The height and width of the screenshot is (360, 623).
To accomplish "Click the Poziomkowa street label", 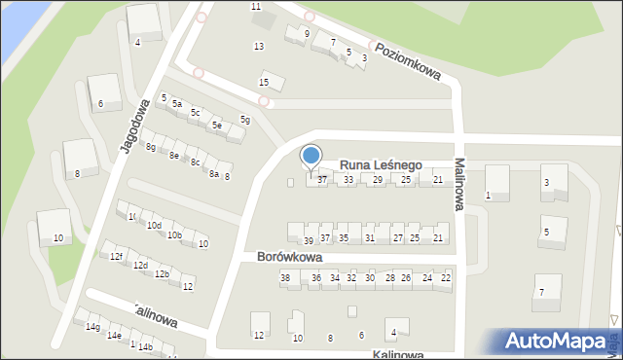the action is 408,60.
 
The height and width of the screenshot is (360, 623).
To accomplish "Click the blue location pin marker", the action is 311,158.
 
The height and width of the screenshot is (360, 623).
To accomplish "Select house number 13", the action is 258,47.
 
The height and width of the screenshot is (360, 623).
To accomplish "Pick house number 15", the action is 264,82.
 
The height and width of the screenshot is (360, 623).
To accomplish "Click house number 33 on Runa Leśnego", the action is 348,179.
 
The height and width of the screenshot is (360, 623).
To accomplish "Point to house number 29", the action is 378,179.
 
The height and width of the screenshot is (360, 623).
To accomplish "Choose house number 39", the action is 308,240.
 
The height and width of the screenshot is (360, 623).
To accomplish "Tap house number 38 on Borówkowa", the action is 285,278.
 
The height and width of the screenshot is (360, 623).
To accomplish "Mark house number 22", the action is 446,278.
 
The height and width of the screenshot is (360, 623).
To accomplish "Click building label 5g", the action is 246,120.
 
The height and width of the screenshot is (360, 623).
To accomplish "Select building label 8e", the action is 173,155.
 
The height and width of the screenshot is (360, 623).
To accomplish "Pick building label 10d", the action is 154,226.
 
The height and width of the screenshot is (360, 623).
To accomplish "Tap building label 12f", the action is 116,256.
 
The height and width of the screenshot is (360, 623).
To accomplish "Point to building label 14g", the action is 92,327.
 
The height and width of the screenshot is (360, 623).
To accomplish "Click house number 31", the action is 369,237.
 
